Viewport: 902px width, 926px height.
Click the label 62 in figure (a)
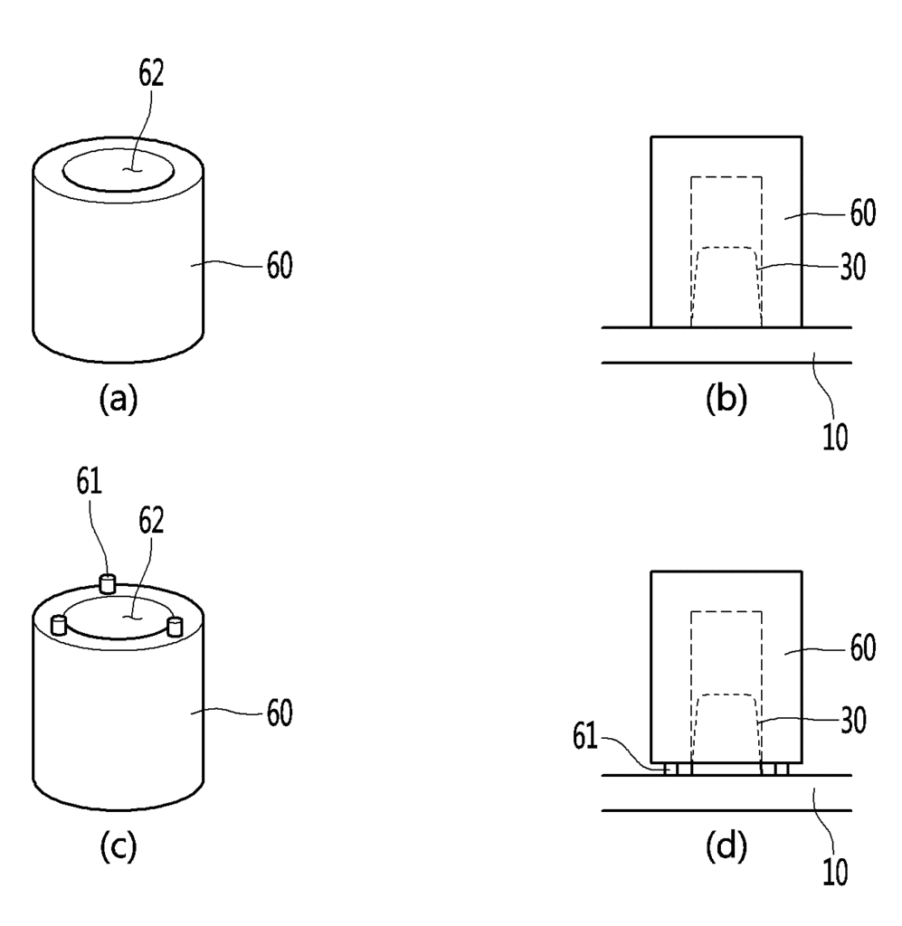tap(151, 74)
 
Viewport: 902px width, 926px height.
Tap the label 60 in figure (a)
tap(280, 266)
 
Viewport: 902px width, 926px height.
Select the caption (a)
tap(119, 399)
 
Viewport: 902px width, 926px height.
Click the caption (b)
tap(726, 399)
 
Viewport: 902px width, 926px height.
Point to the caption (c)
tap(119, 846)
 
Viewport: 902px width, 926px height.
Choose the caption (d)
tap(726, 846)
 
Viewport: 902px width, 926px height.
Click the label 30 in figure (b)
tap(852, 267)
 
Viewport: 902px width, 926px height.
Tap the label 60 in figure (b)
tap(862, 213)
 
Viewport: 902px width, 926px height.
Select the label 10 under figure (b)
tap(835, 437)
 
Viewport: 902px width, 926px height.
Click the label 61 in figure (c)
tap(90, 481)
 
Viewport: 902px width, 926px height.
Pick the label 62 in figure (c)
tap(151, 521)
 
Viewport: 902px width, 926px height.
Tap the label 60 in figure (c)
tap(280, 713)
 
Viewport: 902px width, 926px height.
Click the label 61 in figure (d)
tap(584, 737)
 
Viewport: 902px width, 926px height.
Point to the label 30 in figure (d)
tap(852, 721)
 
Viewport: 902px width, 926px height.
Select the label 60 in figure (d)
tap(862, 647)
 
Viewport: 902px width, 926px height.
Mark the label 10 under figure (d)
tap(835, 872)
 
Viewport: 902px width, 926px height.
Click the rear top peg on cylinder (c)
tap(107, 583)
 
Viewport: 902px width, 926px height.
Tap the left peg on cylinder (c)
tap(59, 625)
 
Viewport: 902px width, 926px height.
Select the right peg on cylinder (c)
tap(175, 626)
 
